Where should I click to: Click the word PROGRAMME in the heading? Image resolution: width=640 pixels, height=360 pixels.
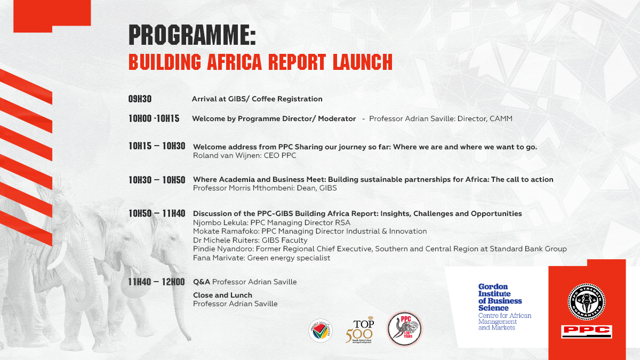point(192,36)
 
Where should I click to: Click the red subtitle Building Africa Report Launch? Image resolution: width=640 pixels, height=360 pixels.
point(260,62)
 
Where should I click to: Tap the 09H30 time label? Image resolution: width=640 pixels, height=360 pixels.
point(140,99)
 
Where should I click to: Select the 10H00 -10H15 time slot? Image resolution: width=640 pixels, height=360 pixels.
point(154,119)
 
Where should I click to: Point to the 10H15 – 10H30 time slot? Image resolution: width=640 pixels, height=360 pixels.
point(157,146)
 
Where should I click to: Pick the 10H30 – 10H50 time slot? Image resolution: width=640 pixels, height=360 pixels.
point(157,180)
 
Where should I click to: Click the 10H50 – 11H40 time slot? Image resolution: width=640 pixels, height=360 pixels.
point(157,213)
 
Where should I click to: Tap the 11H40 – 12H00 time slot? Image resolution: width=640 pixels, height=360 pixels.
point(157,282)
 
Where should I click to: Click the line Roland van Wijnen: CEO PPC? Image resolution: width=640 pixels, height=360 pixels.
point(244,156)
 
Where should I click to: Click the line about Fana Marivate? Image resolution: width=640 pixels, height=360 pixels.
point(261,258)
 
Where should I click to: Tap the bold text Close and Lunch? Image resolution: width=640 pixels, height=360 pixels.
point(222,295)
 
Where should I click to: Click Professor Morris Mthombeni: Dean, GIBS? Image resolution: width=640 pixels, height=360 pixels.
point(265,188)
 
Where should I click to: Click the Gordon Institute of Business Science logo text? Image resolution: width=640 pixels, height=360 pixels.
point(500,297)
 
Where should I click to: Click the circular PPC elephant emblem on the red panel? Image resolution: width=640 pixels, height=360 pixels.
point(586,302)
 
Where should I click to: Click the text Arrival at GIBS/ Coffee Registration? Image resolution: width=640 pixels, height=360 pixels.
point(257,99)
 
